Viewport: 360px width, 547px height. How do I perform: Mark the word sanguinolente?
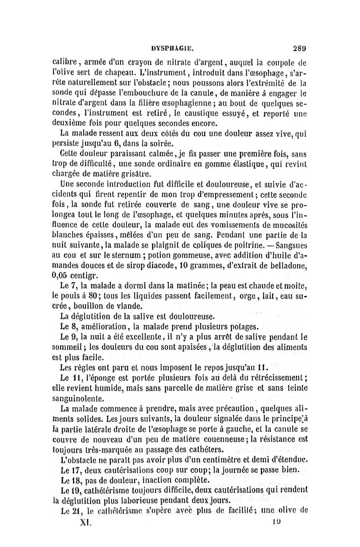click(x=84, y=399)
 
